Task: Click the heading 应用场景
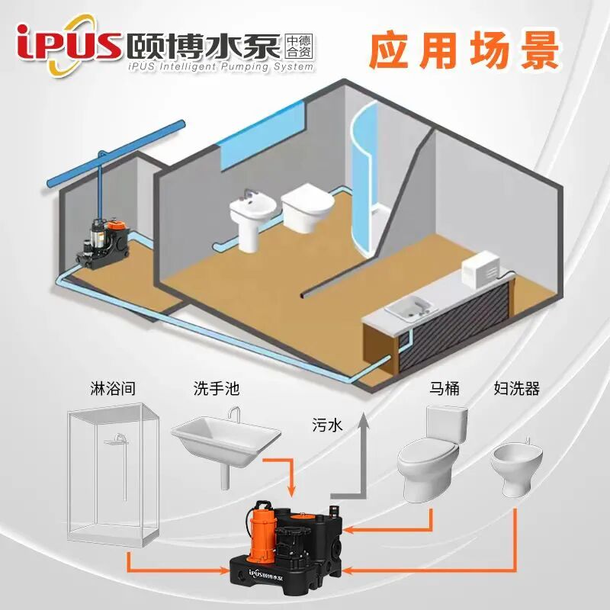click(464, 50)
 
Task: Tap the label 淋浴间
click(113, 389)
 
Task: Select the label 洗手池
click(216, 389)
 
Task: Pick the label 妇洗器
click(516, 389)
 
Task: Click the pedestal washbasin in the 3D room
click(247, 221)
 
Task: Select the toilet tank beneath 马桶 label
click(446, 424)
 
